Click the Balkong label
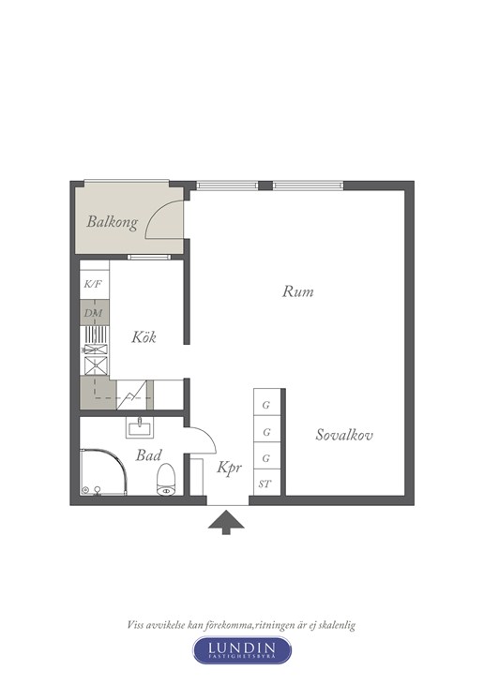pyautogui.click(x=112, y=222)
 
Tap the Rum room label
pyautogui.click(x=297, y=291)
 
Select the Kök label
pyautogui.click(x=144, y=336)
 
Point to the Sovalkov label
pyautogui.click(x=344, y=435)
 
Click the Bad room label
pyautogui.click(x=148, y=455)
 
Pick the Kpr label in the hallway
pyautogui.click(x=230, y=468)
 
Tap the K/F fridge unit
pyautogui.click(x=94, y=285)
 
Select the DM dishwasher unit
pyautogui.click(x=94, y=313)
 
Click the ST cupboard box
pyautogui.click(x=266, y=484)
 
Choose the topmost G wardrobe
pyautogui.click(x=266, y=406)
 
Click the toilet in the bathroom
pyautogui.click(x=166, y=480)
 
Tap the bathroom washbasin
pyautogui.click(x=140, y=426)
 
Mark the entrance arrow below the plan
pyautogui.click(x=226, y=522)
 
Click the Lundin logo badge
pyautogui.click(x=242, y=650)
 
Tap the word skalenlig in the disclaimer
pyautogui.click(x=336, y=625)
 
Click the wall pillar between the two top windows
pyautogui.click(x=265, y=186)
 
